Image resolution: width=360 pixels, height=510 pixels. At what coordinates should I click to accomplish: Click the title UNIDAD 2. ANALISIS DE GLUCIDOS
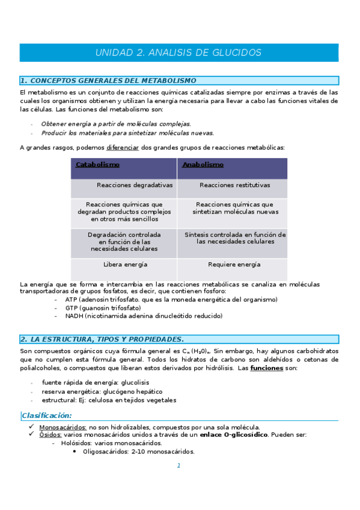[178, 53]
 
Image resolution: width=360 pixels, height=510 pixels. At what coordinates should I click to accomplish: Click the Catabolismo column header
[97, 164]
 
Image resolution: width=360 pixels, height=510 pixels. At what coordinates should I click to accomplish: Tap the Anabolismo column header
[203, 164]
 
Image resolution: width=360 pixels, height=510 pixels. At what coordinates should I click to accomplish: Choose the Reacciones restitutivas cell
[234, 185]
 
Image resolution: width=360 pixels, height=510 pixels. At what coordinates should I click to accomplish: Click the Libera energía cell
[125, 264]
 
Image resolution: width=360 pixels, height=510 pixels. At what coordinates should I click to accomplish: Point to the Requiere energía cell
[234, 264]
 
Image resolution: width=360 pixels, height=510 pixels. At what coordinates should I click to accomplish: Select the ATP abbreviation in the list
[72, 300]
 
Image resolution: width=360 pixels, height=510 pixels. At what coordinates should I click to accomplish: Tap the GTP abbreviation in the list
[72, 307]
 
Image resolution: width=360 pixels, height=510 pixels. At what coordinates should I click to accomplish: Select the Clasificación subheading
[47, 416]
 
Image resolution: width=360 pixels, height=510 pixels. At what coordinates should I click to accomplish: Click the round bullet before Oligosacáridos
[74, 452]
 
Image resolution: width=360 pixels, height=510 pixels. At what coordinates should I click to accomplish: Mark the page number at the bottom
[178, 465]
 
